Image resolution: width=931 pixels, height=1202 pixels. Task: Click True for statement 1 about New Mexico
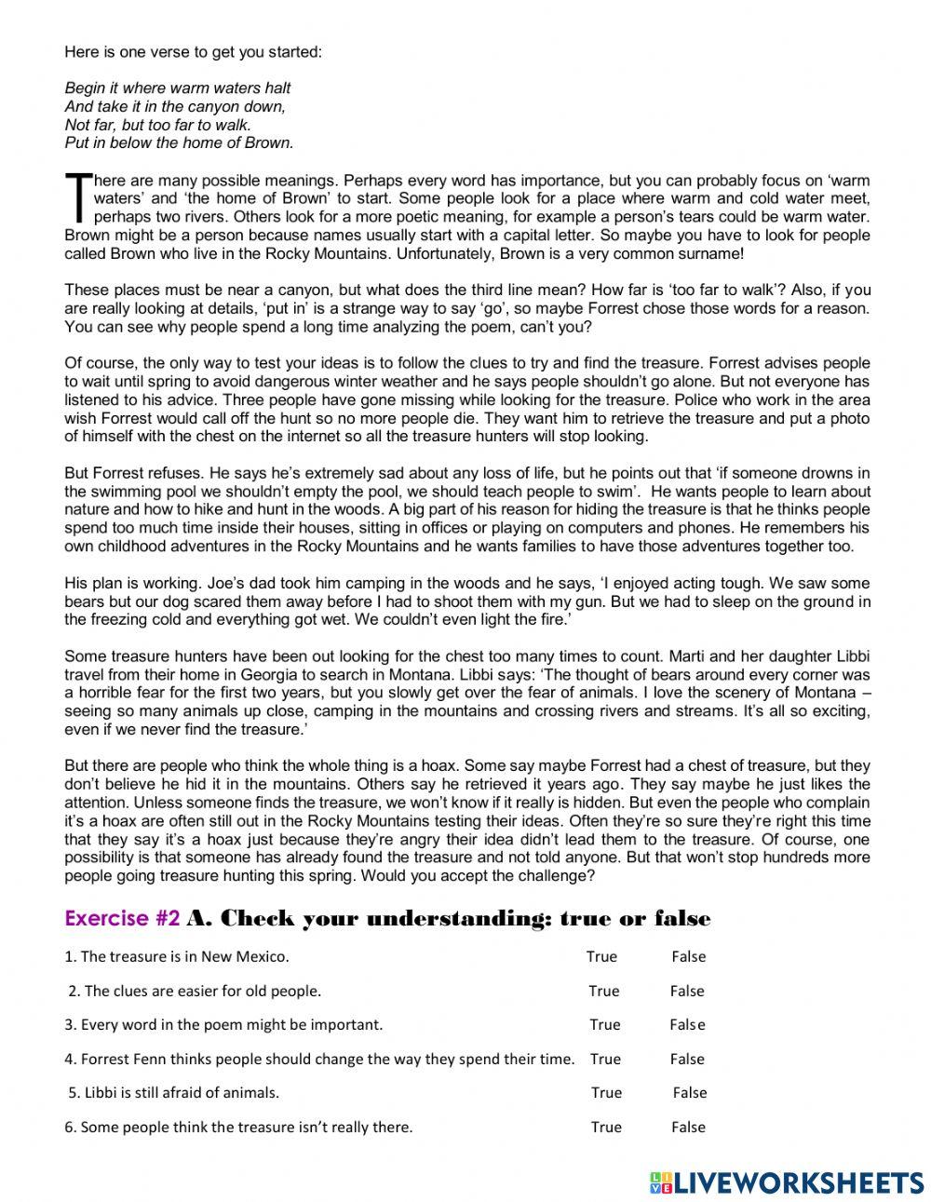[x=601, y=956]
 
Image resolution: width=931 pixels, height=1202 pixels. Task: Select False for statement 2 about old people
[x=687, y=991]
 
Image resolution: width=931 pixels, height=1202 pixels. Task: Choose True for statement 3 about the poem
[x=604, y=1024]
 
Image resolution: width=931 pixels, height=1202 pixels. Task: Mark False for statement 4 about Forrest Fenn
[x=687, y=1059]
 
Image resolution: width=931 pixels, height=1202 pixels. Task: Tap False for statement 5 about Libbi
[x=690, y=1092]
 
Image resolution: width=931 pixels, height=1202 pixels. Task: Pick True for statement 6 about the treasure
[x=605, y=1127]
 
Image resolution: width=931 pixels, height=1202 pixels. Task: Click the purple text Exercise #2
[x=122, y=919]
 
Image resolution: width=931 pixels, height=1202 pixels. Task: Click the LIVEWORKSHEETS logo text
[x=799, y=1182]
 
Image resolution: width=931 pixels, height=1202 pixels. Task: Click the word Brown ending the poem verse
[x=272, y=142]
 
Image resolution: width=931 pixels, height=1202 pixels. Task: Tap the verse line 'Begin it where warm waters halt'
[x=178, y=88]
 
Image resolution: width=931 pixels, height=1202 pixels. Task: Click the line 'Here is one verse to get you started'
[x=193, y=52]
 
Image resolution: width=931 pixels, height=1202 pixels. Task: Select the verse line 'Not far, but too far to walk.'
[x=158, y=125]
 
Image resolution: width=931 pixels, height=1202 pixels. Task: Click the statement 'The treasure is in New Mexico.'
[x=177, y=956]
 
